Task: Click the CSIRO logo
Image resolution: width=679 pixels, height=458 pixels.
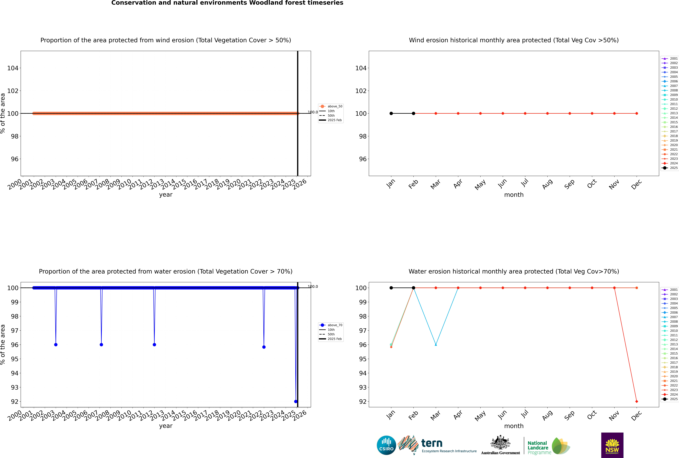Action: (x=386, y=445)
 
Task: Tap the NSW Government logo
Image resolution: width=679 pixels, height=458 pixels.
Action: (x=612, y=445)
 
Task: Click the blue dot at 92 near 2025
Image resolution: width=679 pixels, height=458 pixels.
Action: (x=296, y=401)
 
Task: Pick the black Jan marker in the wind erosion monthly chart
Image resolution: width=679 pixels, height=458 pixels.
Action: (x=391, y=113)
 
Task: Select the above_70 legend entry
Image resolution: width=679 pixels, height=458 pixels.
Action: (x=331, y=325)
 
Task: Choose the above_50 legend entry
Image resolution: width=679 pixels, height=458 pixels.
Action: (x=331, y=106)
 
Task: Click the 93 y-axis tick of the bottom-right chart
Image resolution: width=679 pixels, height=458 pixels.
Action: (x=363, y=387)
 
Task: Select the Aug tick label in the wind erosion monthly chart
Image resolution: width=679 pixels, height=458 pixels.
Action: (x=547, y=184)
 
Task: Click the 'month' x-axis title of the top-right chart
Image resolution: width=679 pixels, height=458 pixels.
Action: (x=514, y=195)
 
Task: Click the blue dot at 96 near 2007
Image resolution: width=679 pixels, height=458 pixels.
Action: (x=101, y=345)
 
